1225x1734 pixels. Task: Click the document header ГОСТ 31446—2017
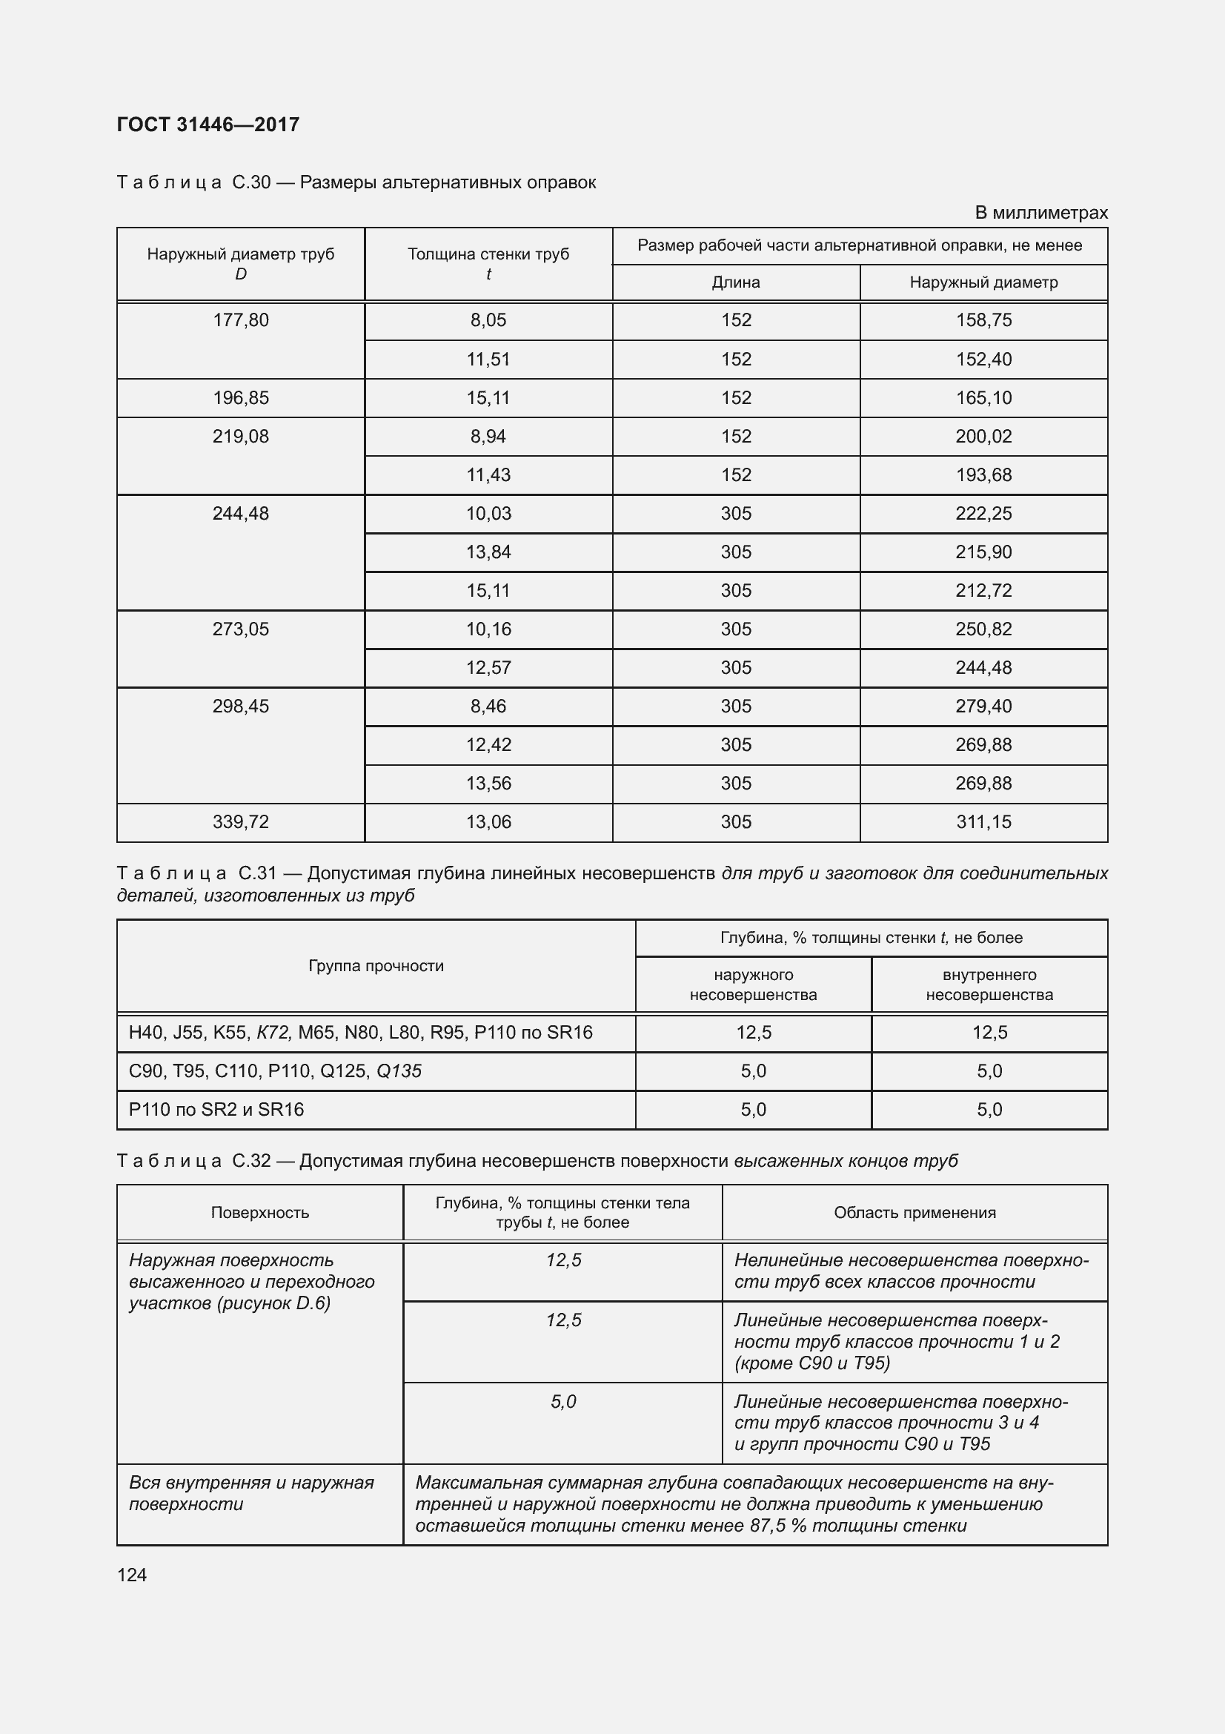[x=208, y=125]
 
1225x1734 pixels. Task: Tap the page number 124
[x=132, y=1575]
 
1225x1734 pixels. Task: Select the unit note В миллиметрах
[x=1040, y=213]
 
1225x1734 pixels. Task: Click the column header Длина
[x=735, y=282]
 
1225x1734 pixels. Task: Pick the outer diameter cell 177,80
[x=240, y=320]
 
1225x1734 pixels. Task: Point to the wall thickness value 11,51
[x=488, y=360]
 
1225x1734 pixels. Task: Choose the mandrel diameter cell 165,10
[x=983, y=398]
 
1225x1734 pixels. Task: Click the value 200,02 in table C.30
[x=983, y=437]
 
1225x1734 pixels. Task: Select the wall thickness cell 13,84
[x=488, y=552]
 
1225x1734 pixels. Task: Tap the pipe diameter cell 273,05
[x=240, y=629]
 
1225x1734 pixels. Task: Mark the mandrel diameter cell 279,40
[x=983, y=706]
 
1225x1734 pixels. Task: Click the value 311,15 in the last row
[x=983, y=821]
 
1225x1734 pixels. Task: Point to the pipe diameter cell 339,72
[x=240, y=821]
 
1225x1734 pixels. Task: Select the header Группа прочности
[x=376, y=966]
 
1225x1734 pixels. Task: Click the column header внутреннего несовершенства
[x=989, y=985]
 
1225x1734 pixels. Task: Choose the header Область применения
[x=914, y=1212]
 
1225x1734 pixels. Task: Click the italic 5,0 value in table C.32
[x=563, y=1402]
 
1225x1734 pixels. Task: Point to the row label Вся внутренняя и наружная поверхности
[x=250, y=1493]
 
